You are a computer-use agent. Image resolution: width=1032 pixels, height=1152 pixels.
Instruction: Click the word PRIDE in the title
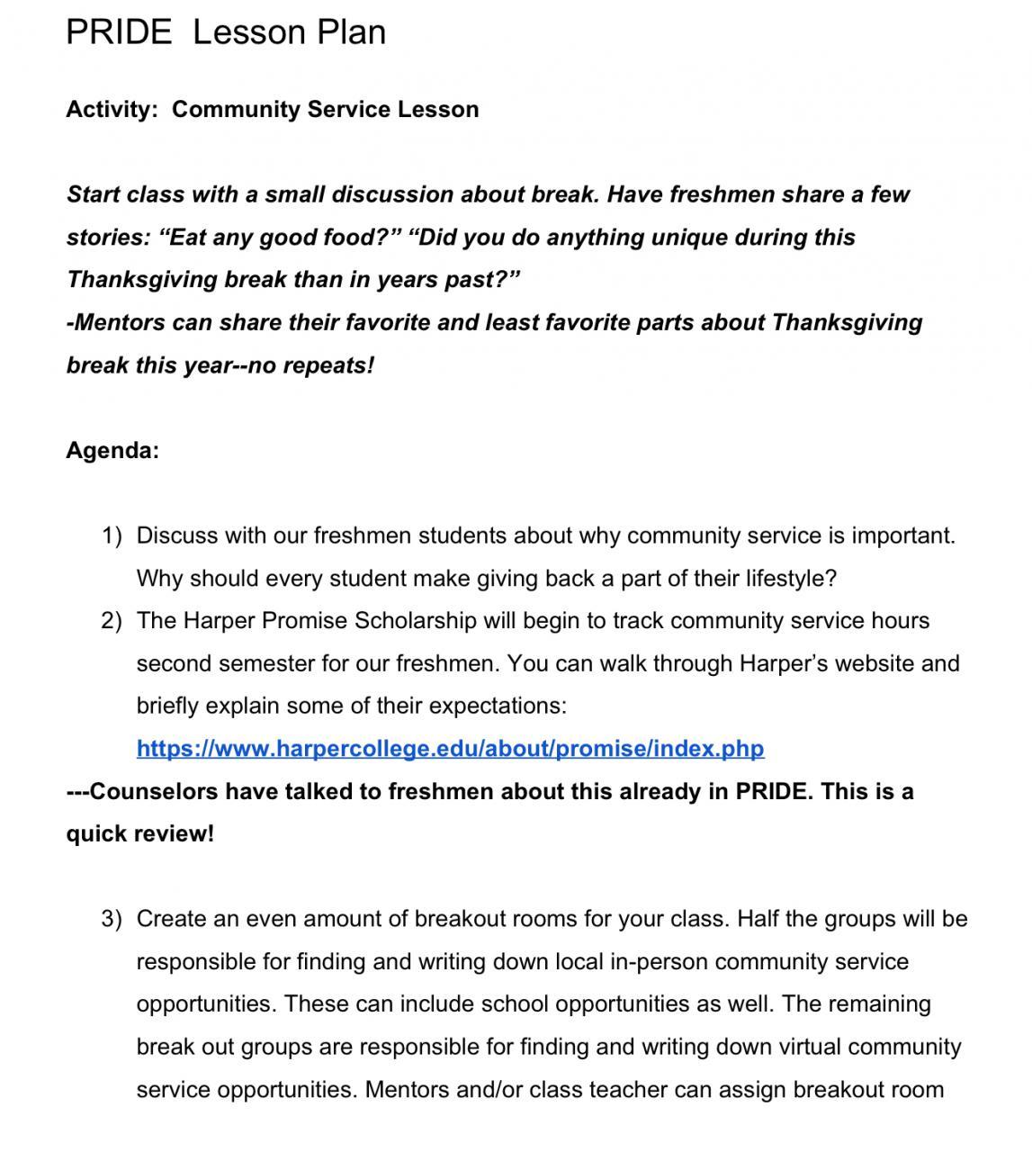point(119,32)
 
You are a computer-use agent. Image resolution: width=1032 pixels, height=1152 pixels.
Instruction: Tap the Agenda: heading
point(112,450)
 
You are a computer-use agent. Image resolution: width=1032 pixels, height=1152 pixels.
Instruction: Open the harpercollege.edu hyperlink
point(450,749)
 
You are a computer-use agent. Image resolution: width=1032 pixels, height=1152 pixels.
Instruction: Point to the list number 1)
point(112,536)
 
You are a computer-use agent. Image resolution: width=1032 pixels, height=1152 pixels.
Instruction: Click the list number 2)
point(112,621)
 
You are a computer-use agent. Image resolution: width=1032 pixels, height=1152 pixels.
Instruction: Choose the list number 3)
point(112,919)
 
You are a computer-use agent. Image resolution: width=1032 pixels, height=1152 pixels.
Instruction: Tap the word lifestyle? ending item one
point(791,579)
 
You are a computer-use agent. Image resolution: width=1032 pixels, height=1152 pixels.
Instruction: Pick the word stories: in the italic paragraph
point(109,238)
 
